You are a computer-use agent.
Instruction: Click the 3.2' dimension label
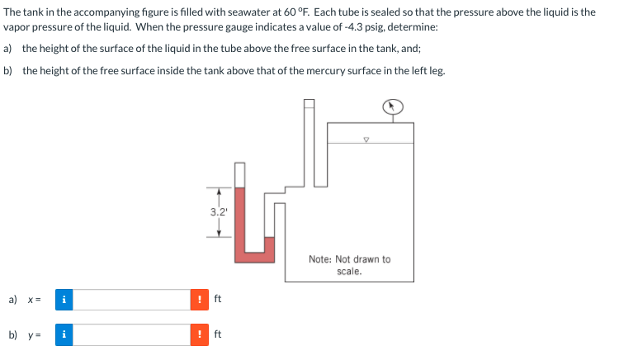218,211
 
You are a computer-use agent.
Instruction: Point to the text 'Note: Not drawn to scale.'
349,264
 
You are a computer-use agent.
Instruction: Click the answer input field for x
133,300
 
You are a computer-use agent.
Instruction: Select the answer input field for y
133,335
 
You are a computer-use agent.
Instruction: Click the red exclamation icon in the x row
200,300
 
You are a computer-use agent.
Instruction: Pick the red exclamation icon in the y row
200,335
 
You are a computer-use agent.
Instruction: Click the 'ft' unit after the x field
218,300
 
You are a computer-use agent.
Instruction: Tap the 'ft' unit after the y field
218,335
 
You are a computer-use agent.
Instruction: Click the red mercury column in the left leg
240,223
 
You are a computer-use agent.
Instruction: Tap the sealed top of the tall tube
309,102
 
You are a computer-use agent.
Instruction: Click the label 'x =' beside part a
36,300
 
